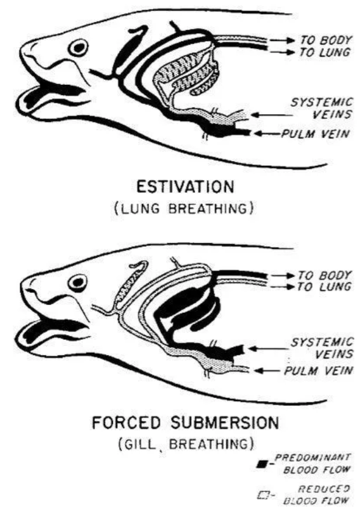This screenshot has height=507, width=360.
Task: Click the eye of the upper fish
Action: (79, 48)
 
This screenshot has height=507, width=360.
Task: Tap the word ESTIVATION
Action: (185, 187)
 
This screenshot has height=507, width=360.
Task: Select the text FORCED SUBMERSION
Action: (185, 423)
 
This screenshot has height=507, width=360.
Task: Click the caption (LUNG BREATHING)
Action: (184, 209)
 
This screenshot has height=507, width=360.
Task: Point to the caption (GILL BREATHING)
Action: (186, 444)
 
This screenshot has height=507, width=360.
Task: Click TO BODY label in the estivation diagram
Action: (325, 40)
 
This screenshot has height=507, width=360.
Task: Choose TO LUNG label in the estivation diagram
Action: (325, 52)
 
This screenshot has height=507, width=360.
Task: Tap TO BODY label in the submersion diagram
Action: (325, 276)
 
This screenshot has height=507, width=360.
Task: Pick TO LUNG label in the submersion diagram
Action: (325, 286)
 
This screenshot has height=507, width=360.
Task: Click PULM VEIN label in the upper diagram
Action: (316, 134)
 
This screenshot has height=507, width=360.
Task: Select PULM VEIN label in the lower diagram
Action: (318, 371)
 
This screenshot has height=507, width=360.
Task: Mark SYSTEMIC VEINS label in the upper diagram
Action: (321, 108)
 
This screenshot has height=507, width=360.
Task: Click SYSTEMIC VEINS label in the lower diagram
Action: (322, 348)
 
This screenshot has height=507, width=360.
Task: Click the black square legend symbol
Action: (261, 465)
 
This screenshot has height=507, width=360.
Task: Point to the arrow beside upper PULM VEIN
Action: (267, 133)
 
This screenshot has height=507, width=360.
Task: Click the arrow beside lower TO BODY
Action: (283, 276)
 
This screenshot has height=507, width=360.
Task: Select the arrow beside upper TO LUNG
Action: (282, 52)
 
